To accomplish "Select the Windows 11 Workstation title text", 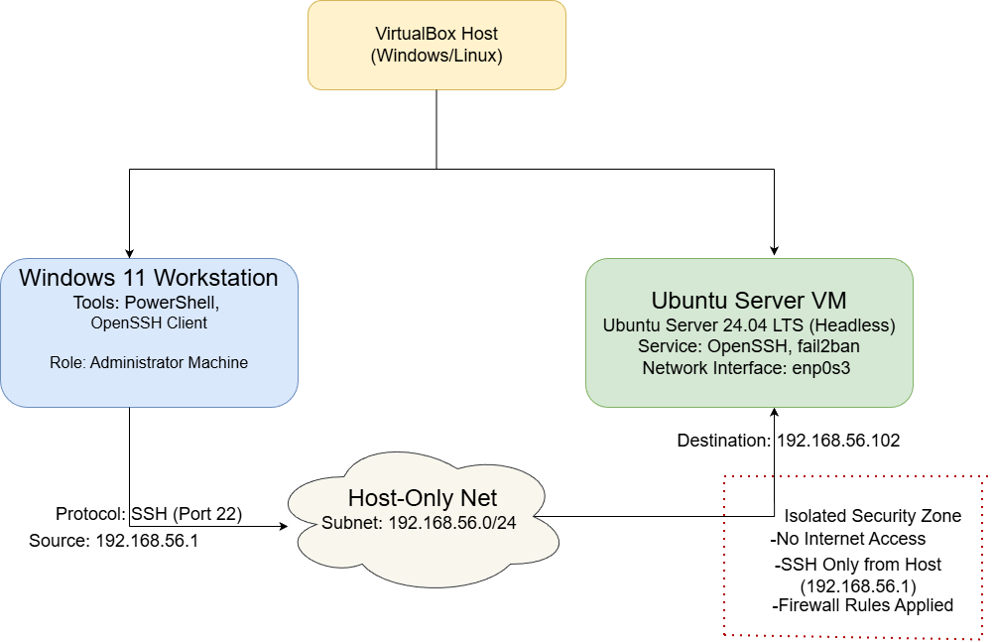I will [149, 277].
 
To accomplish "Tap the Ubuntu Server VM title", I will [749, 301].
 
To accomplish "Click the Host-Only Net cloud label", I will [422, 498].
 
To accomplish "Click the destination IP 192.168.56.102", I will [838, 441].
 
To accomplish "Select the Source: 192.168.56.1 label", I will [114, 542].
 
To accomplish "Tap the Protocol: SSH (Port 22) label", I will [149, 514].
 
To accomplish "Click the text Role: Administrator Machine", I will [149, 363].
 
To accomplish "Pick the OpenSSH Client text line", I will [149, 322].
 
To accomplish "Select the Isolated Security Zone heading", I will [873, 516].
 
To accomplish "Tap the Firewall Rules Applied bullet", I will [862, 605].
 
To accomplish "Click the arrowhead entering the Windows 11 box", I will [129, 252].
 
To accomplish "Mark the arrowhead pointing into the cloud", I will [282, 526].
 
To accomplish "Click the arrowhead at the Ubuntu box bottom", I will [774, 414].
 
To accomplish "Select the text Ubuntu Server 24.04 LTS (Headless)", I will [749, 325].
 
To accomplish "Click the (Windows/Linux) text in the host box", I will [436, 57].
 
